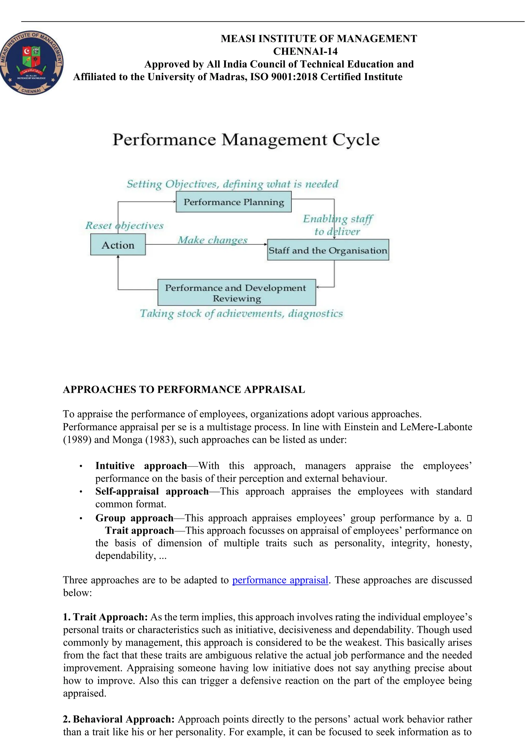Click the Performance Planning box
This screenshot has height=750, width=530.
pos(233,202)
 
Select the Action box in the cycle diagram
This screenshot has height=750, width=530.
pos(118,245)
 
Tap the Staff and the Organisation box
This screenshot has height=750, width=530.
pos(328,250)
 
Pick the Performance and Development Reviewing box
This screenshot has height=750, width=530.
pos(237,292)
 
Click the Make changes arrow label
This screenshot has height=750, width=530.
pos(212,240)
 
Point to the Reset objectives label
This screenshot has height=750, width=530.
pos(124,225)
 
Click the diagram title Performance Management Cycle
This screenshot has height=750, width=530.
pos(246,140)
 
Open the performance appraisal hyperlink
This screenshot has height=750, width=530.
pos(280,580)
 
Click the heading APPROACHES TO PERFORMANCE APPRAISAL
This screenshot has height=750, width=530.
pos(184,390)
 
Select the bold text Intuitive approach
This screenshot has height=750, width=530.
pos(141,466)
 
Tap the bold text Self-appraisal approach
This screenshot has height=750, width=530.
pos(152,491)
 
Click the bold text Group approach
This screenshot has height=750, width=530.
pos(134,518)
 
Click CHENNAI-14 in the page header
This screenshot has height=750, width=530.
pos(305,51)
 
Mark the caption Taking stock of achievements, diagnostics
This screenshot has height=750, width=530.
pos(241,314)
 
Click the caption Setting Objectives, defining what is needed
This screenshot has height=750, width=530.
pos(232,184)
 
